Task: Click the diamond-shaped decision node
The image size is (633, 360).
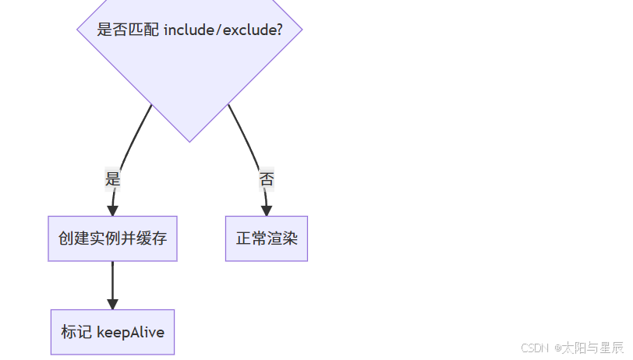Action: click(x=189, y=70)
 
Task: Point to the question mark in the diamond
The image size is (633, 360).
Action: click(x=278, y=30)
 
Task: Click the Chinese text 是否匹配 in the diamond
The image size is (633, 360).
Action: click(x=128, y=30)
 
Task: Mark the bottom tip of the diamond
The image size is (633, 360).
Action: click(x=189, y=140)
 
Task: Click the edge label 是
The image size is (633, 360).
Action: click(x=113, y=178)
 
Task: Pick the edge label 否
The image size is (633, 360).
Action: click(x=267, y=178)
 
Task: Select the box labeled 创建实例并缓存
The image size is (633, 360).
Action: click(x=113, y=238)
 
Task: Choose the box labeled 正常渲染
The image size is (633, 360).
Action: click(x=267, y=238)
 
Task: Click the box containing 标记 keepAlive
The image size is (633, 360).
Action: click(x=113, y=332)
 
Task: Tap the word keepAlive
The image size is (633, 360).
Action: click(x=130, y=332)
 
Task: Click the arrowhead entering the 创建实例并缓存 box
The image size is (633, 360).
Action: click(x=113, y=210)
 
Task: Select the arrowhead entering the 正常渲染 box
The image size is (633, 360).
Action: click(x=267, y=210)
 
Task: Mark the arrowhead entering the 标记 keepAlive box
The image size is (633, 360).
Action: click(x=113, y=303)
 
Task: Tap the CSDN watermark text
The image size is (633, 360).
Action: click(x=535, y=348)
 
